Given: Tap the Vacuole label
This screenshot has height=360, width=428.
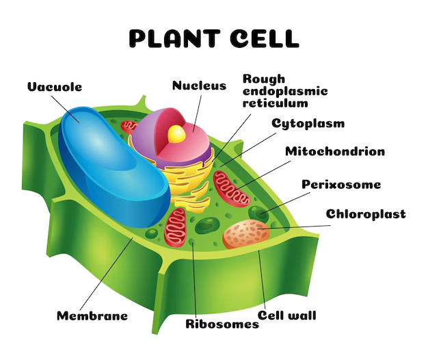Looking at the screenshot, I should pos(55,87).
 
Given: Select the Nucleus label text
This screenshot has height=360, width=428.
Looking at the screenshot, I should pos(198,86).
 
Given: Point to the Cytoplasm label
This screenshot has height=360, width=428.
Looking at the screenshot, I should pos(308,124).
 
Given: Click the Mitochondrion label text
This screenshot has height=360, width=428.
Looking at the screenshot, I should pos(335,151).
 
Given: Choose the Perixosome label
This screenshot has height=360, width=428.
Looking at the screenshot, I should pos(341,184).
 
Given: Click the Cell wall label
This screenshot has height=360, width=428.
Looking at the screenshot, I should pos(287,316).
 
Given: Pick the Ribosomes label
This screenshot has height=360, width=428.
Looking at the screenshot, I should pos(223,323).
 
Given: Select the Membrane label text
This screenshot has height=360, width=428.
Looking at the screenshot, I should pos(92,316).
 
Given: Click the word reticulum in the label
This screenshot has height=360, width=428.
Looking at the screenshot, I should pos(276,103).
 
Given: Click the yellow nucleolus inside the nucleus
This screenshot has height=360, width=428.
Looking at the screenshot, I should pos(176,133).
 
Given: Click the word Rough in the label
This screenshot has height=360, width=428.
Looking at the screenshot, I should pos(264,79).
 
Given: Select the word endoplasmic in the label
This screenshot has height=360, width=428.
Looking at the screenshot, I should pos(285,91).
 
